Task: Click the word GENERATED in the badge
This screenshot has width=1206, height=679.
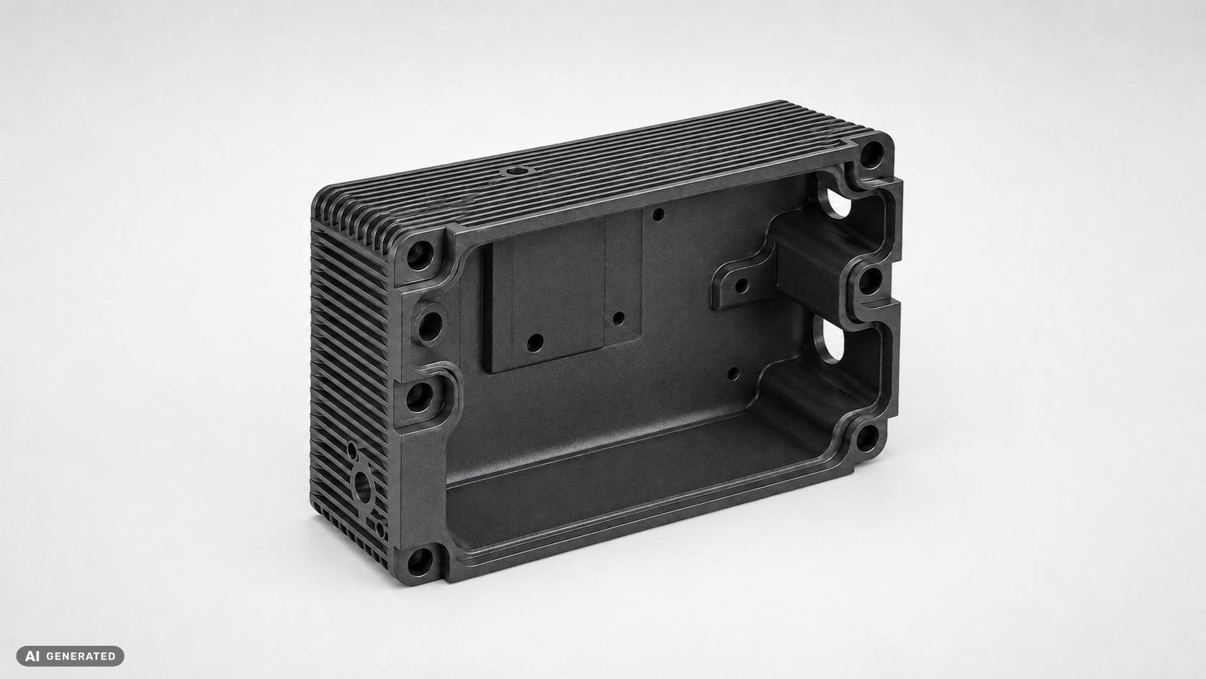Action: point(81,657)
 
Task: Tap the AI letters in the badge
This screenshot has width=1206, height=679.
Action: point(32,657)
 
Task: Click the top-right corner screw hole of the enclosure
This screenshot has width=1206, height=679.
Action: point(871,154)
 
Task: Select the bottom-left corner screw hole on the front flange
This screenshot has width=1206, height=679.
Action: point(420,562)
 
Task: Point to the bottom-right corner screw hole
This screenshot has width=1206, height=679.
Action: point(866,438)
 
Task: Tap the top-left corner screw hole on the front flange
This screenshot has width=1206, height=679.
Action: point(421,255)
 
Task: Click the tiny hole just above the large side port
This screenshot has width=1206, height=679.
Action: point(352,449)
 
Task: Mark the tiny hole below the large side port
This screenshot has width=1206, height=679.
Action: point(380,530)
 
